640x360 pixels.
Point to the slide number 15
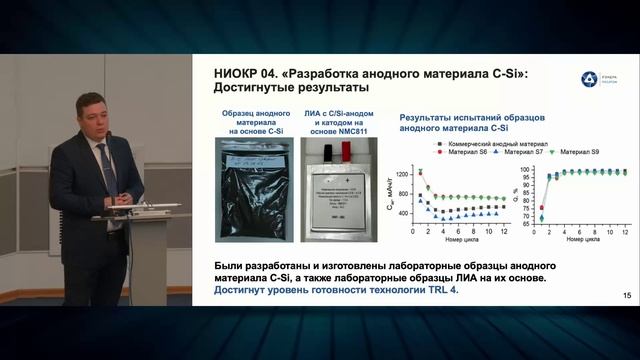[x=627, y=294]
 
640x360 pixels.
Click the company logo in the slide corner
[x=590, y=79]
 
